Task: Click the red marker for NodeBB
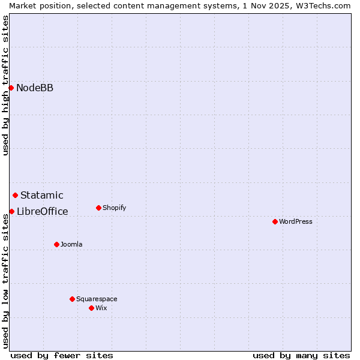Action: click(x=11, y=88)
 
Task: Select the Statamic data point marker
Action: click(x=15, y=195)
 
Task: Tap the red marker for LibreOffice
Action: click(x=11, y=211)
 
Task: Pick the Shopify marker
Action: click(x=98, y=208)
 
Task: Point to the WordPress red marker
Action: click(x=275, y=221)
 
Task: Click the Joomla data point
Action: click(x=56, y=244)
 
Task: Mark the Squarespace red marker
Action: click(x=72, y=299)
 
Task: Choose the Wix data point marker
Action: click(x=91, y=308)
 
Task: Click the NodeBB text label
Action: click(x=35, y=88)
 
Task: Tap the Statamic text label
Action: click(x=42, y=195)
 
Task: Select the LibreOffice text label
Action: click(x=43, y=211)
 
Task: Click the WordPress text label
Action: click(x=296, y=221)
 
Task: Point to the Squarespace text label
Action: click(x=97, y=299)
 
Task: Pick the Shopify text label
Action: click(x=114, y=208)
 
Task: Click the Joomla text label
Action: click(x=71, y=244)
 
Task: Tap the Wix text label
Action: click(x=101, y=308)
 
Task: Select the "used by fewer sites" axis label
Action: click(x=62, y=355)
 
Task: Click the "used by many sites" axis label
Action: click(x=301, y=355)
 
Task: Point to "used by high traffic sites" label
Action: click(x=5, y=85)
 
